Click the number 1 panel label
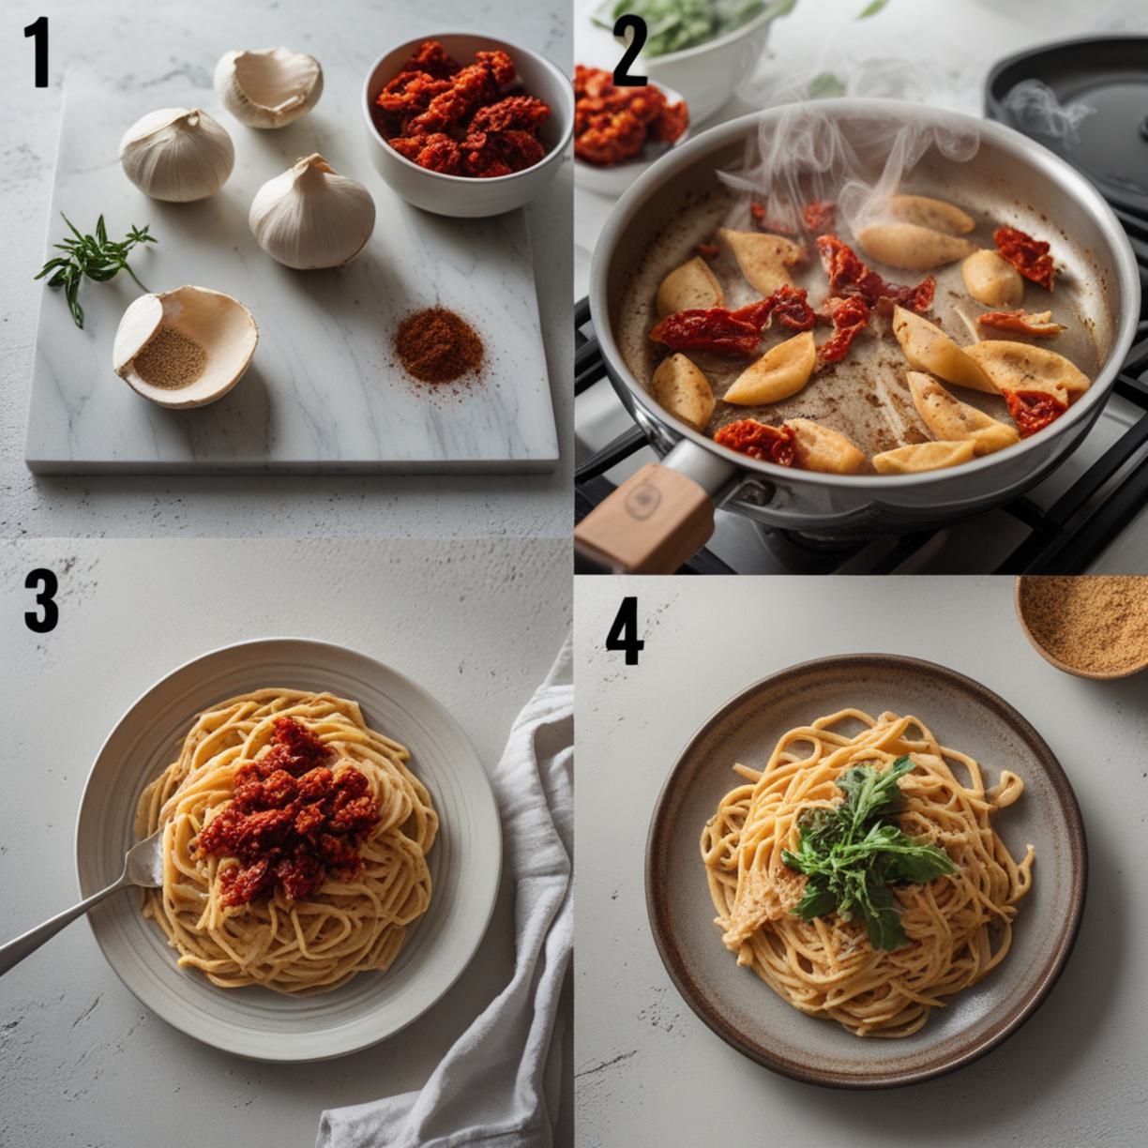40,53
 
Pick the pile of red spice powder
439,346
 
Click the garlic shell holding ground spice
185,347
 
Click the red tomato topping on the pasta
288,811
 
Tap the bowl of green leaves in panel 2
691,48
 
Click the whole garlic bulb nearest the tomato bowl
311,212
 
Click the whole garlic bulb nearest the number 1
176,155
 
